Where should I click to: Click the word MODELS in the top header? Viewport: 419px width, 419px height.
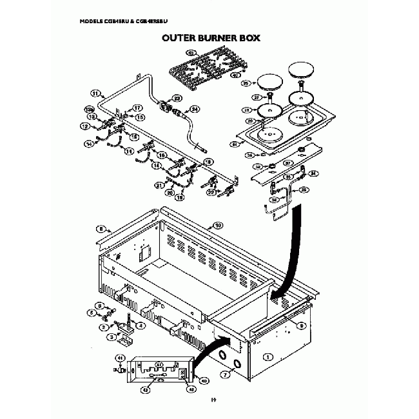[x=93, y=21]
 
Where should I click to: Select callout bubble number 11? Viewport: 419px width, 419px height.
[x=95, y=94]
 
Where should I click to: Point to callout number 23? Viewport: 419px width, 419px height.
[x=177, y=99]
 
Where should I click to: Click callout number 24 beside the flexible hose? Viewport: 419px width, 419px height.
[x=195, y=110]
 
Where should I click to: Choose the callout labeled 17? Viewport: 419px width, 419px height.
[x=137, y=108]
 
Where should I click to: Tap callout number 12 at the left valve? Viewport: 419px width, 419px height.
[x=84, y=127]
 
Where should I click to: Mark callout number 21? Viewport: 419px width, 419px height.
[x=159, y=185]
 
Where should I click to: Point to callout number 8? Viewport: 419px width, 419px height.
[x=100, y=228]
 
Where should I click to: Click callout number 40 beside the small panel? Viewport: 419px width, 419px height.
[x=204, y=379]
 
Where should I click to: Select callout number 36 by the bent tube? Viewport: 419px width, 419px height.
[x=305, y=190]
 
